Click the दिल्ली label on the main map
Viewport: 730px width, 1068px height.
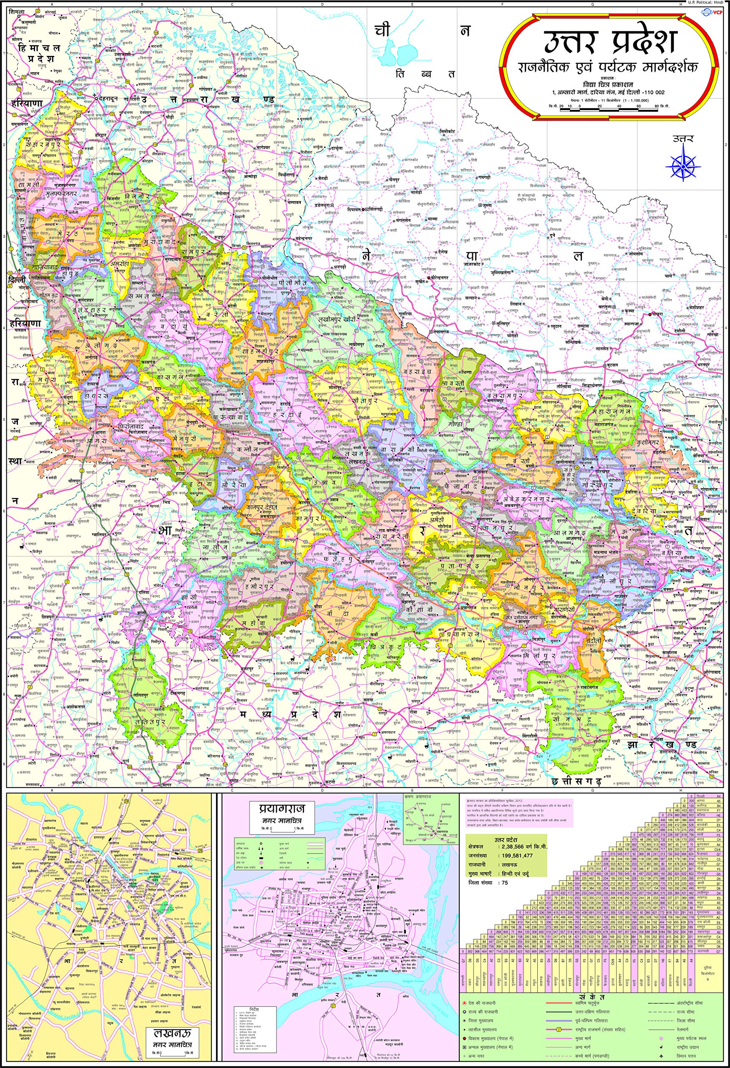point(15,280)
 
